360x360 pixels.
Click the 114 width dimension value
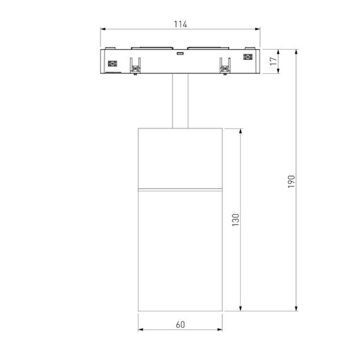[180, 24]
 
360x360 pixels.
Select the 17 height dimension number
[272, 61]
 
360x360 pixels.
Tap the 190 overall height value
[291, 181]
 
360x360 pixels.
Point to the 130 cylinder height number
[236, 220]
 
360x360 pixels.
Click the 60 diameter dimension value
[180, 325]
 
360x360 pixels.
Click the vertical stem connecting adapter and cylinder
[180, 101]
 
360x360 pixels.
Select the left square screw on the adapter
[114, 63]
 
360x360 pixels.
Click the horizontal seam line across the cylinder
[180, 188]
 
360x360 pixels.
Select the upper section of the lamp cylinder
[180, 158]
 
